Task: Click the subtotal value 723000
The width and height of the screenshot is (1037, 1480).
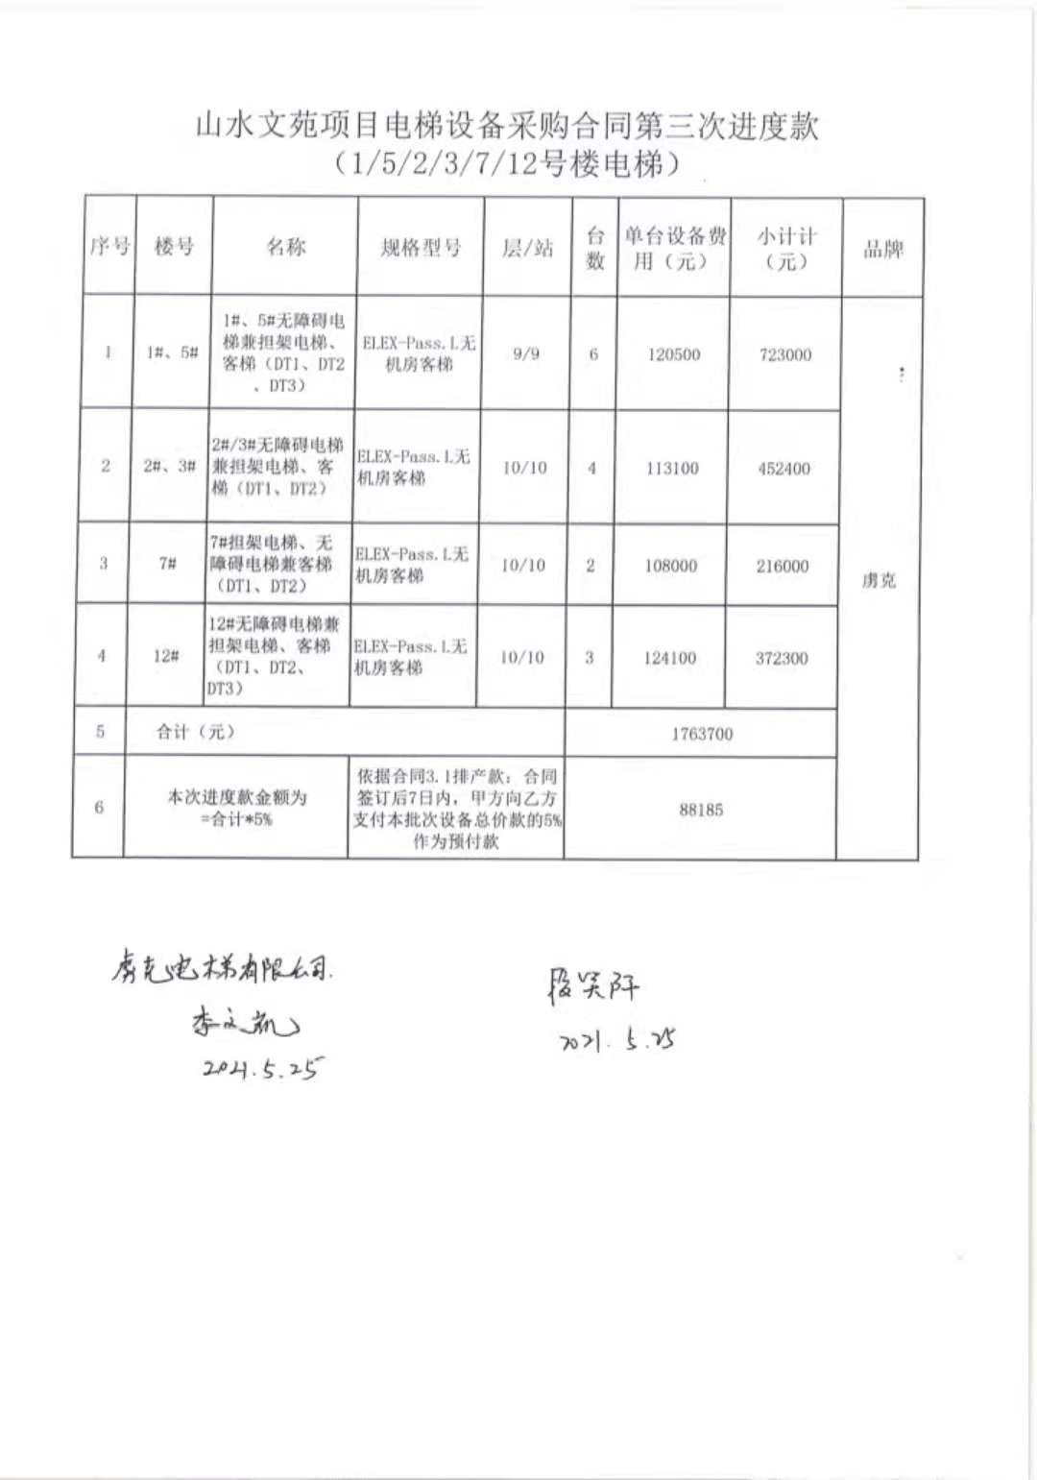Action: (x=784, y=354)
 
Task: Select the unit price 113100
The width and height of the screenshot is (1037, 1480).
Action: (x=672, y=468)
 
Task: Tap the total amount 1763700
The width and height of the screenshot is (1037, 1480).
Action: (x=701, y=734)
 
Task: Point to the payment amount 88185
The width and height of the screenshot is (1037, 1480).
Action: (x=701, y=810)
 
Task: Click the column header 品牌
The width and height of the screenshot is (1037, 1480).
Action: (x=882, y=250)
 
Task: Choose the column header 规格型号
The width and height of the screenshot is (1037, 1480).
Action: (x=421, y=248)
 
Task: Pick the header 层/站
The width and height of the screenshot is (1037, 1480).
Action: (x=528, y=248)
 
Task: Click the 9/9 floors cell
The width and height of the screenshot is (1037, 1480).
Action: (x=526, y=353)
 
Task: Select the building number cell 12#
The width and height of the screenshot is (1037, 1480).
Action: (x=166, y=656)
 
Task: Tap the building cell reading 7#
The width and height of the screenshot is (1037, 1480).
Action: (x=168, y=564)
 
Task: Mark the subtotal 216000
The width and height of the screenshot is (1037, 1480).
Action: (x=782, y=566)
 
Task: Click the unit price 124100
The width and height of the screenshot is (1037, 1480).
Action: (x=669, y=658)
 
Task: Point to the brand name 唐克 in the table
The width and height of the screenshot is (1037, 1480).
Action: (x=879, y=580)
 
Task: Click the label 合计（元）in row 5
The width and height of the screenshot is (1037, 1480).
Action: (x=196, y=732)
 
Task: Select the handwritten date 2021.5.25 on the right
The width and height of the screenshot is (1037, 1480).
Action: (x=617, y=1040)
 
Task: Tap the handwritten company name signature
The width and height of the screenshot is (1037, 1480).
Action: (x=221, y=968)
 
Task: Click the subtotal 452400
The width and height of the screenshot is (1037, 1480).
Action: (x=784, y=469)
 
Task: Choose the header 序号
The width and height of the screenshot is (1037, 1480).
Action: (x=109, y=247)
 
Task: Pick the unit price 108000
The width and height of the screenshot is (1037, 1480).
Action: (x=670, y=566)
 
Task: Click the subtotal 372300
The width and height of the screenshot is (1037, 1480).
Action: (x=781, y=658)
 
